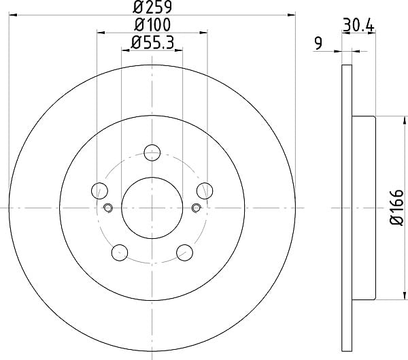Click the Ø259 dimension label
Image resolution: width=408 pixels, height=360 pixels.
tap(152, 7)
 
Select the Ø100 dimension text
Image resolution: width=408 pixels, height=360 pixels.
tap(152, 24)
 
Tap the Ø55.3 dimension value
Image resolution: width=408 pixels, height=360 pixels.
tap(152, 42)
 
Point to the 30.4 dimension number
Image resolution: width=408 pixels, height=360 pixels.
tap(358, 25)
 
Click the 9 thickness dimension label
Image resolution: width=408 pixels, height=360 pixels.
tap(318, 43)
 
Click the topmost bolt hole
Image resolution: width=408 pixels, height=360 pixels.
tap(152, 152)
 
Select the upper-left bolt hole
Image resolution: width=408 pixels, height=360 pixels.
tap(99, 191)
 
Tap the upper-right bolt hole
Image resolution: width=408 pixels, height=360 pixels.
tap(205, 191)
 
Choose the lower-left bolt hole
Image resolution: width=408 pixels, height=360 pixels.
tap(120, 252)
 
